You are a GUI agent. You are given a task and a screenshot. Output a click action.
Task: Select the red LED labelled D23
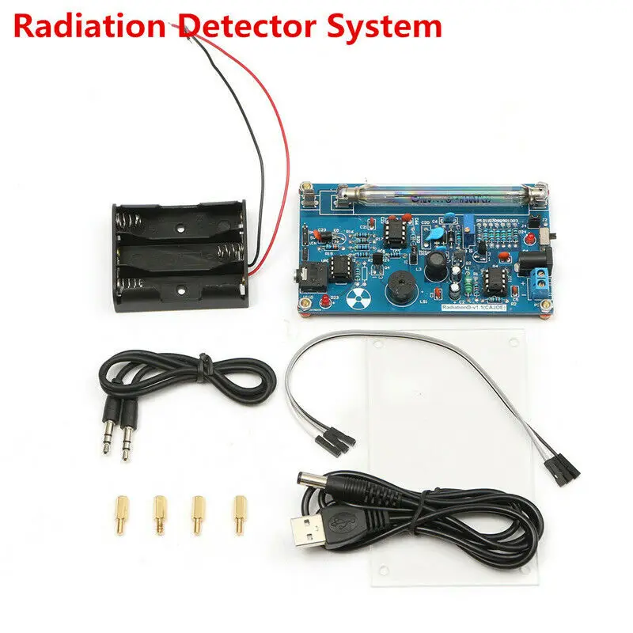tap(325, 298)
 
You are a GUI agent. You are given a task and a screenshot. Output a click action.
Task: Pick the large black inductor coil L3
tap(434, 267)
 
